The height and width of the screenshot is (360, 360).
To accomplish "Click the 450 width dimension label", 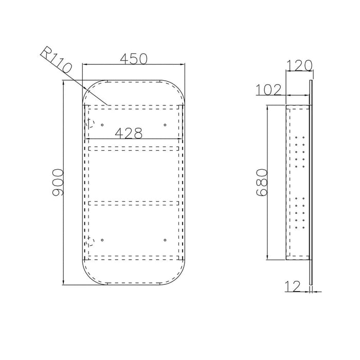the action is point(133,59).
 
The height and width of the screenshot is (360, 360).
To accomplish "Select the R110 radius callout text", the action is point(56,60).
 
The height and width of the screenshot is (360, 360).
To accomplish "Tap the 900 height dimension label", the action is point(58,183).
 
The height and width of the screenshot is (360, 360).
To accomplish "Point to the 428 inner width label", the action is point(129,133).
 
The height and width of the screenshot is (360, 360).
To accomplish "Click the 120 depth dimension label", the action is point(299,65).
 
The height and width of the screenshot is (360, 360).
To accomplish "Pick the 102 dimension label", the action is point(268,89).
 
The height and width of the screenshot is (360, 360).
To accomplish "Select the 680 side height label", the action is point(262,182).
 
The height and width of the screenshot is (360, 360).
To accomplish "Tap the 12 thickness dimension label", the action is point(293,286).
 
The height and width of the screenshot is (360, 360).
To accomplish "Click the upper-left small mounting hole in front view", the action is point(102,125).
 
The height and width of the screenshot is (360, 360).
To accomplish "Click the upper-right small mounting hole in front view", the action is point(165,125).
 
